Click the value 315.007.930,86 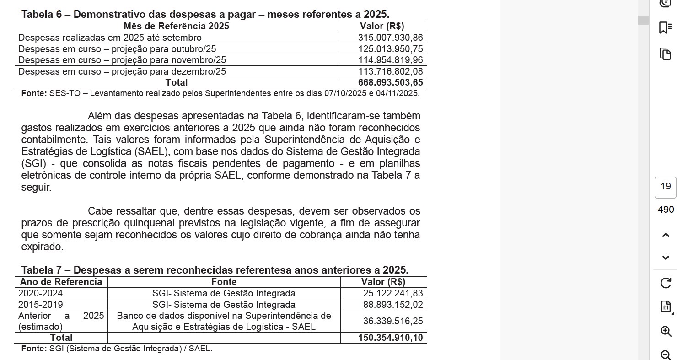[x=390, y=38]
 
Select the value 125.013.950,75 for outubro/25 [x=390, y=49]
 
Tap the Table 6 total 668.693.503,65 [x=390, y=83]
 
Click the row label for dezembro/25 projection [x=122, y=71]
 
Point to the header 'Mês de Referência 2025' [x=176, y=27]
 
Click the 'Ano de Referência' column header [x=61, y=282]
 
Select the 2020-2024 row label [x=41, y=293]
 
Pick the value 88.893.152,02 [x=393, y=305]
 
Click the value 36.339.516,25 [x=393, y=321]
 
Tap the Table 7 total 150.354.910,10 [x=390, y=338]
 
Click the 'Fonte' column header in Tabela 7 [x=224, y=282]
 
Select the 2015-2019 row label [x=41, y=305]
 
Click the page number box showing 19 [x=666, y=187]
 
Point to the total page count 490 [x=666, y=210]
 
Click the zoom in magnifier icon [x=666, y=331]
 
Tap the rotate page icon [x=666, y=283]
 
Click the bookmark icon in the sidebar [x=666, y=28]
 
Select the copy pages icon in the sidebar [x=666, y=54]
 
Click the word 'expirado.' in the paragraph [x=42, y=247]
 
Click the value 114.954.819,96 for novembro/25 [x=390, y=60]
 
